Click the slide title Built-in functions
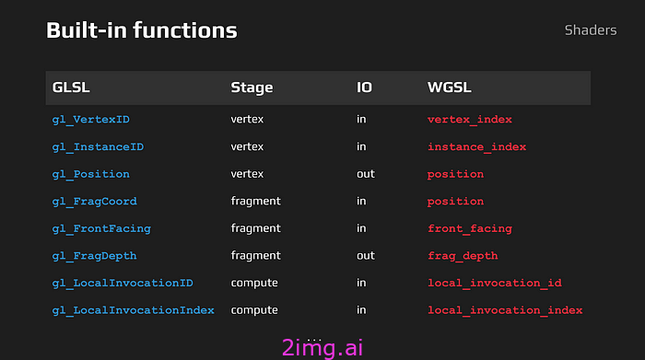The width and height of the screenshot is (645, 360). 141,30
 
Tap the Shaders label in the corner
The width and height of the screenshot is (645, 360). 590,30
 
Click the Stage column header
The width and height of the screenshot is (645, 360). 252,87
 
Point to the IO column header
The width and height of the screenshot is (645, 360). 364,87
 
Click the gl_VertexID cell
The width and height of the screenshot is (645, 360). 90,119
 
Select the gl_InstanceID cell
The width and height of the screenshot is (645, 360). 98,146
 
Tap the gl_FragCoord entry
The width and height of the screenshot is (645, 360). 94,201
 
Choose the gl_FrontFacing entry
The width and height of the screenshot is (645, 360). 101,228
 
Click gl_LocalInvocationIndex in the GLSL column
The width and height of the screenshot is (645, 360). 133,310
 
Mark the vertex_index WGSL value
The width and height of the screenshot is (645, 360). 469,119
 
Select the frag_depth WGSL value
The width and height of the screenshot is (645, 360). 463,255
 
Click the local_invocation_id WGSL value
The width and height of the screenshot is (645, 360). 494,283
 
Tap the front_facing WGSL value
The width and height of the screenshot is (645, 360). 469,228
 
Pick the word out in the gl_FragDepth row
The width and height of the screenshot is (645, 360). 366,255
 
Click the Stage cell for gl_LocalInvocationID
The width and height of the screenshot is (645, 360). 254,283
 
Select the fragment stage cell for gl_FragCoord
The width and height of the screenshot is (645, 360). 255,201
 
